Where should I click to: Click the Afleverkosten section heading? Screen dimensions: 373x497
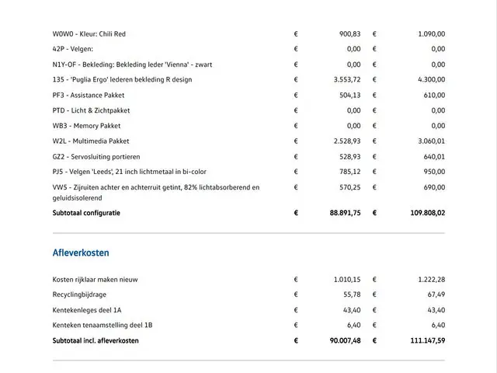(81, 253)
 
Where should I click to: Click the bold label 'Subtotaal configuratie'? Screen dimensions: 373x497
(86, 212)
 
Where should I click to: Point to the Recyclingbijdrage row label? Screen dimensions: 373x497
(80, 295)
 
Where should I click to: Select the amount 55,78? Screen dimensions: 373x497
(352, 295)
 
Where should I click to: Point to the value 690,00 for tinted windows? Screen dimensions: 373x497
(433, 187)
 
